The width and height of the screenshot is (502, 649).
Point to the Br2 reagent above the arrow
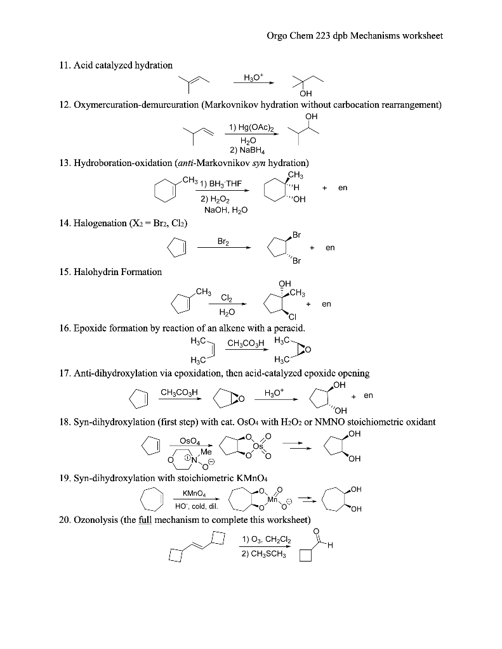tap(223, 241)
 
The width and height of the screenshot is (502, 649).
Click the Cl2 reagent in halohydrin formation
tap(226, 298)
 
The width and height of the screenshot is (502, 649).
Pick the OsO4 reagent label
tap(190, 440)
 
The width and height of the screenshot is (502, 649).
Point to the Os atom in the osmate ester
tap(258, 446)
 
